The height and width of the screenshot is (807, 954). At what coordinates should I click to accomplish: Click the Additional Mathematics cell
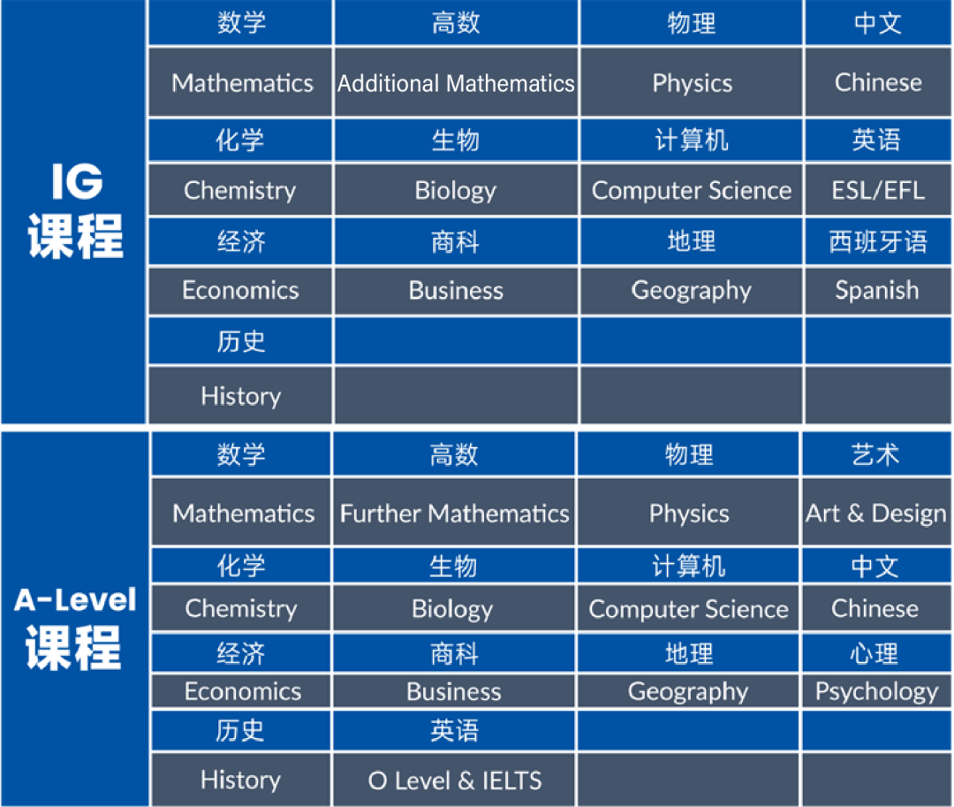(456, 84)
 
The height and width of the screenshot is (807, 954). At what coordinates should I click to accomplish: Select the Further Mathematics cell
(454, 514)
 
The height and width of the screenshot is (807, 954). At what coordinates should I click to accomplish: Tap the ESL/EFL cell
(878, 190)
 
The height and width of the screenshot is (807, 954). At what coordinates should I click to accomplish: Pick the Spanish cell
(877, 291)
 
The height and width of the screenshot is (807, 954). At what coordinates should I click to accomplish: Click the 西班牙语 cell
(877, 241)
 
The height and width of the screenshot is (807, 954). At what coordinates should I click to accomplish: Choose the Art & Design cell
(875, 514)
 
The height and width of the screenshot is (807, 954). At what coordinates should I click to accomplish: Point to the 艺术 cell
(874, 455)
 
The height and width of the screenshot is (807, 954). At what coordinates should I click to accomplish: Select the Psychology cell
(876, 691)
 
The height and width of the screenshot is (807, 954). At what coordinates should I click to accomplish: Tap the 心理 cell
(874, 654)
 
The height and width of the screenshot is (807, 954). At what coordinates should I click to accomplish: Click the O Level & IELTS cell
(454, 780)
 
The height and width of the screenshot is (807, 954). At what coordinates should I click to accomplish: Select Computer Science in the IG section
(692, 190)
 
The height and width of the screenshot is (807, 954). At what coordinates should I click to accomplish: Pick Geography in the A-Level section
(688, 691)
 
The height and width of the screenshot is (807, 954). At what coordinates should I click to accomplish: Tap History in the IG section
(240, 396)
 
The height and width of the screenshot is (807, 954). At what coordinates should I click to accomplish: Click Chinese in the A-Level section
(874, 609)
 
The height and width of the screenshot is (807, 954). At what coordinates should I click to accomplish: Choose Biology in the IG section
(456, 190)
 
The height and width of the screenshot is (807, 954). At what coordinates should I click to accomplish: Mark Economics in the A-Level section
(242, 691)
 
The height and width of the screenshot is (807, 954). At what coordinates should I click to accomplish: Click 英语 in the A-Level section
(454, 731)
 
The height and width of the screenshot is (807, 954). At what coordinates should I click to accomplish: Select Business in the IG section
(456, 291)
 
